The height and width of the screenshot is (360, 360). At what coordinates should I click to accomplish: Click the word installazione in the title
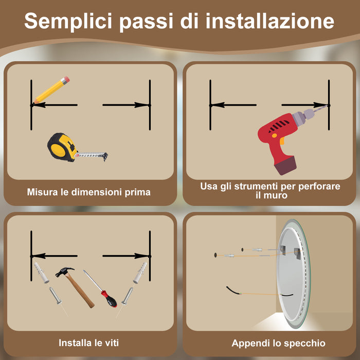(270, 22)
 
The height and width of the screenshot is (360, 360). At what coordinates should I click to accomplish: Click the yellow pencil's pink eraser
(65, 81)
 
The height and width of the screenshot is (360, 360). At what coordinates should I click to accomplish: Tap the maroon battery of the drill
(286, 166)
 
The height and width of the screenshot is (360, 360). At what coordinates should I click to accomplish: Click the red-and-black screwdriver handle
(108, 298)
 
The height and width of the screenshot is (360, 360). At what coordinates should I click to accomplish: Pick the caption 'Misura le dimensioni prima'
(89, 192)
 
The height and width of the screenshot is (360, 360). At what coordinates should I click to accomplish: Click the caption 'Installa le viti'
(89, 343)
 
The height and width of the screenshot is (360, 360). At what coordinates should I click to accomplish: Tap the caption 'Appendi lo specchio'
(278, 343)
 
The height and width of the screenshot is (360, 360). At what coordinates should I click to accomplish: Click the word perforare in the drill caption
(320, 186)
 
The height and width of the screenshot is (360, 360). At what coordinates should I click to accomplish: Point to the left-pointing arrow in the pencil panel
(54, 105)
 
